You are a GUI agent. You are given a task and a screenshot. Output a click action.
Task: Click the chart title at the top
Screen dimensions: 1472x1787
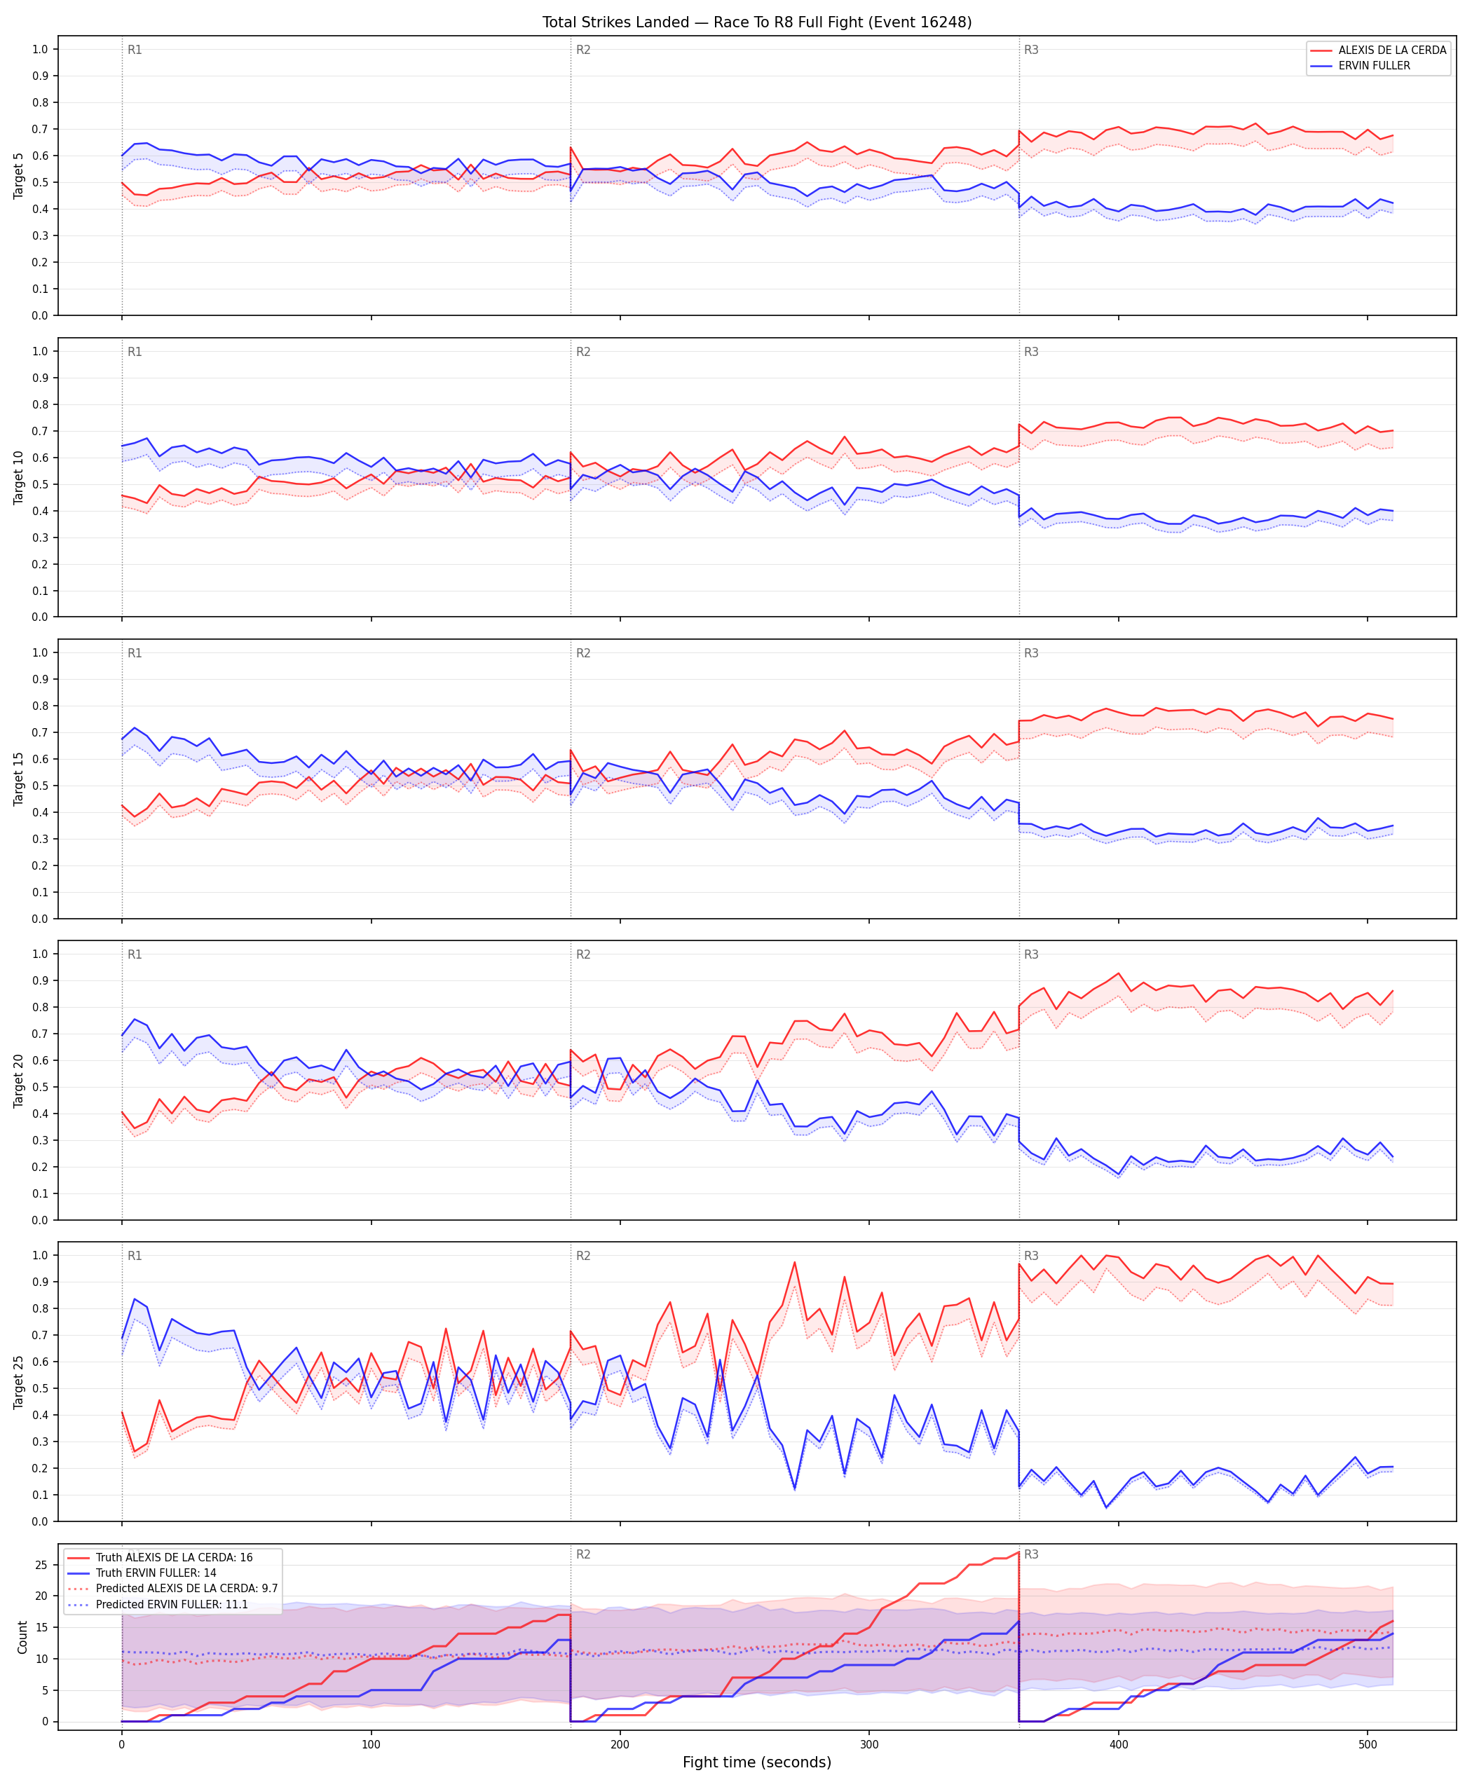(x=756, y=22)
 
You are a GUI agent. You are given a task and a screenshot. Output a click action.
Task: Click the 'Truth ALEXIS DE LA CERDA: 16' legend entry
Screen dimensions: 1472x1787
(x=174, y=1557)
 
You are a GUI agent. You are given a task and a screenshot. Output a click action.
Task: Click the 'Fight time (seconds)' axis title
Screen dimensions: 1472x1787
(x=756, y=1762)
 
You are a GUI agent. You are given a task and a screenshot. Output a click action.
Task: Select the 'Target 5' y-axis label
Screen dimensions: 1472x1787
(x=19, y=175)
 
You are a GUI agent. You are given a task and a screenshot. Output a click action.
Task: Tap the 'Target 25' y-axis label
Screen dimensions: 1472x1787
(x=19, y=1382)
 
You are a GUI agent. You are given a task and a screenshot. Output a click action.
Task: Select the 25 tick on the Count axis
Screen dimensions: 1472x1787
(x=41, y=1565)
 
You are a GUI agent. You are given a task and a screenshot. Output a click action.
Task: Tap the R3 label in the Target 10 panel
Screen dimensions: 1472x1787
(x=1031, y=352)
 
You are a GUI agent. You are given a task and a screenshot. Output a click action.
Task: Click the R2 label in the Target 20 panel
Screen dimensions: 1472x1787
(x=583, y=954)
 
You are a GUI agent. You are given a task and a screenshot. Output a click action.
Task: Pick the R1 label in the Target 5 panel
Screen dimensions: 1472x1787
(x=135, y=50)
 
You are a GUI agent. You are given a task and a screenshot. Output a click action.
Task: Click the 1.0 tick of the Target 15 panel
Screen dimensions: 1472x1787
(x=40, y=652)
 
